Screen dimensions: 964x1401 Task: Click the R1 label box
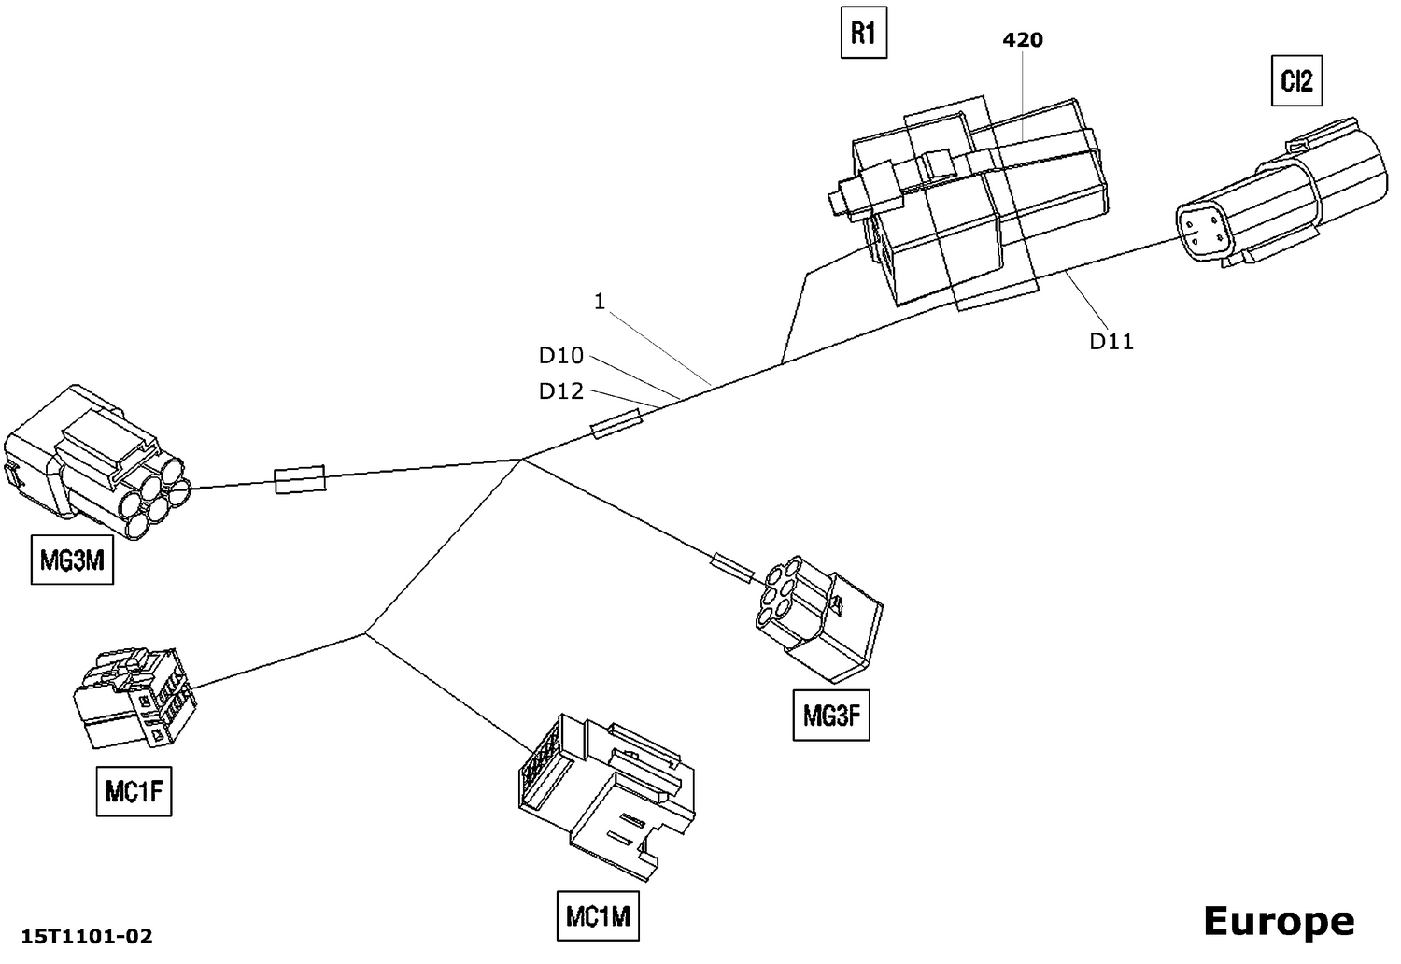tap(863, 35)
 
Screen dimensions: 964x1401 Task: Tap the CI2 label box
tap(1296, 81)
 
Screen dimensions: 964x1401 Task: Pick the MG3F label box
tap(830, 716)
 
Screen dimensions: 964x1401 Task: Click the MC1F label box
tap(134, 792)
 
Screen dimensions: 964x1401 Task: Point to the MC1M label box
tap(598, 916)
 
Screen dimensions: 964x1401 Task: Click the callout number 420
tap(1023, 40)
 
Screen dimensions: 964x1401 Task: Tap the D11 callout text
tap(1111, 342)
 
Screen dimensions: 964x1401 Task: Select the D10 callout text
tap(560, 356)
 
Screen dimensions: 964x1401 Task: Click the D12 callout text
tap(560, 391)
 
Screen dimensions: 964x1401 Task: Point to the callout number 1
tap(600, 302)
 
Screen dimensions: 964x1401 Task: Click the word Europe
tap(1278, 921)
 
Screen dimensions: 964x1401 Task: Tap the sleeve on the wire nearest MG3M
tap(300, 479)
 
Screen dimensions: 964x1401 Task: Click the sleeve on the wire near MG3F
tap(732, 567)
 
